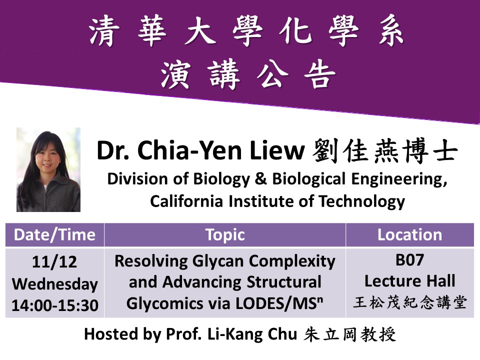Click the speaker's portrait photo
click(48, 169)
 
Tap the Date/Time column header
click(55, 235)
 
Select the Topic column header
click(225, 235)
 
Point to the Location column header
click(410, 235)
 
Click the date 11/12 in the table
click(54, 262)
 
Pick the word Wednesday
click(55, 284)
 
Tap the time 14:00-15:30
click(55, 305)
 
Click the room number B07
click(409, 260)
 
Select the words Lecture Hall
click(410, 281)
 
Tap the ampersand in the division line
click(261, 179)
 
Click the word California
click(186, 201)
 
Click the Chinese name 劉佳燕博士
click(385, 150)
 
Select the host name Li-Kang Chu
click(252, 334)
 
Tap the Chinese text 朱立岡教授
click(350, 334)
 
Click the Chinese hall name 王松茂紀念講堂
click(410, 302)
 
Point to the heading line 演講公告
click(248, 74)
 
